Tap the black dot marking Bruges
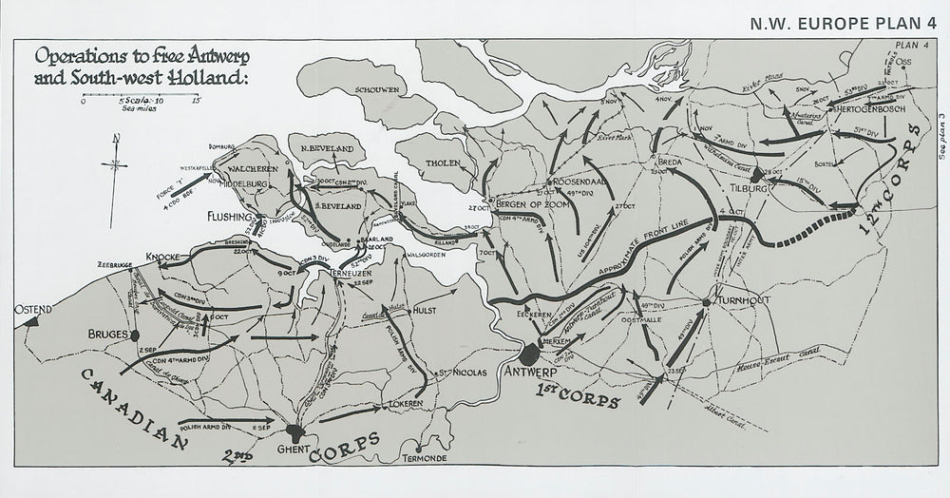135,335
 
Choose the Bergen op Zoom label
525,207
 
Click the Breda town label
671,161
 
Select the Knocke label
165,257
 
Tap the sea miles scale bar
141,98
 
